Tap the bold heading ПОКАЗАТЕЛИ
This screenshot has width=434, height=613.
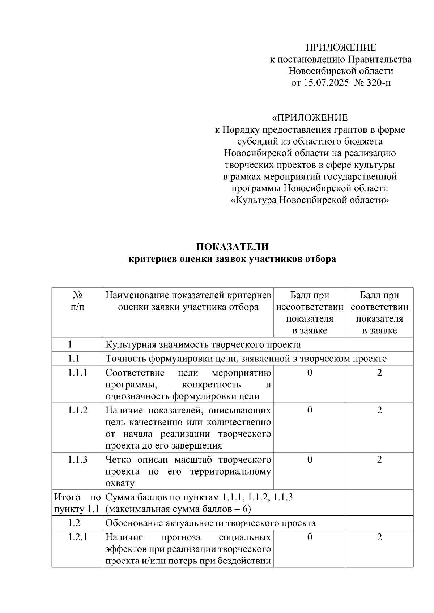pyautogui.click(x=232, y=247)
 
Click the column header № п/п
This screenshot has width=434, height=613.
pyautogui.click(x=77, y=301)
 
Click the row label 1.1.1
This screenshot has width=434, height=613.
pyautogui.click(x=77, y=373)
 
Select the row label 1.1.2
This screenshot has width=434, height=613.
pyautogui.click(x=77, y=410)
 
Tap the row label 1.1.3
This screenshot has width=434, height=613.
pyautogui.click(x=77, y=460)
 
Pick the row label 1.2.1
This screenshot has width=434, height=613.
pyautogui.click(x=77, y=537)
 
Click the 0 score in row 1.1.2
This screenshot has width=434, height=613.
pyautogui.click(x=310, y=410)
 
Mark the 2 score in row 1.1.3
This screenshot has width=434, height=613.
pyautogui.click(x=379, y=460)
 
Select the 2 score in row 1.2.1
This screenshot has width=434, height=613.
pyautogui.click(x=379, y=537)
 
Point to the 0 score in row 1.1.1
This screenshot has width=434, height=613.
pyautogui.click(x=310, y=373)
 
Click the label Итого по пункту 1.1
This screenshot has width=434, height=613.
pyautogui.click(x=77, y=503)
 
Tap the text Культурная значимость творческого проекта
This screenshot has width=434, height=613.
pyautogui.click(x=203, y=344)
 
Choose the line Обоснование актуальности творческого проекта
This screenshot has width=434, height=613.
pyautogui.click(x=210, y=523)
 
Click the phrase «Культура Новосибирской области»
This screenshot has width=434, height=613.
pyautogui.click(x=310, y=200)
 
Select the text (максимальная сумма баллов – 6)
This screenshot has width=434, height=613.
pyautogui.click(x=178, y=509)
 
